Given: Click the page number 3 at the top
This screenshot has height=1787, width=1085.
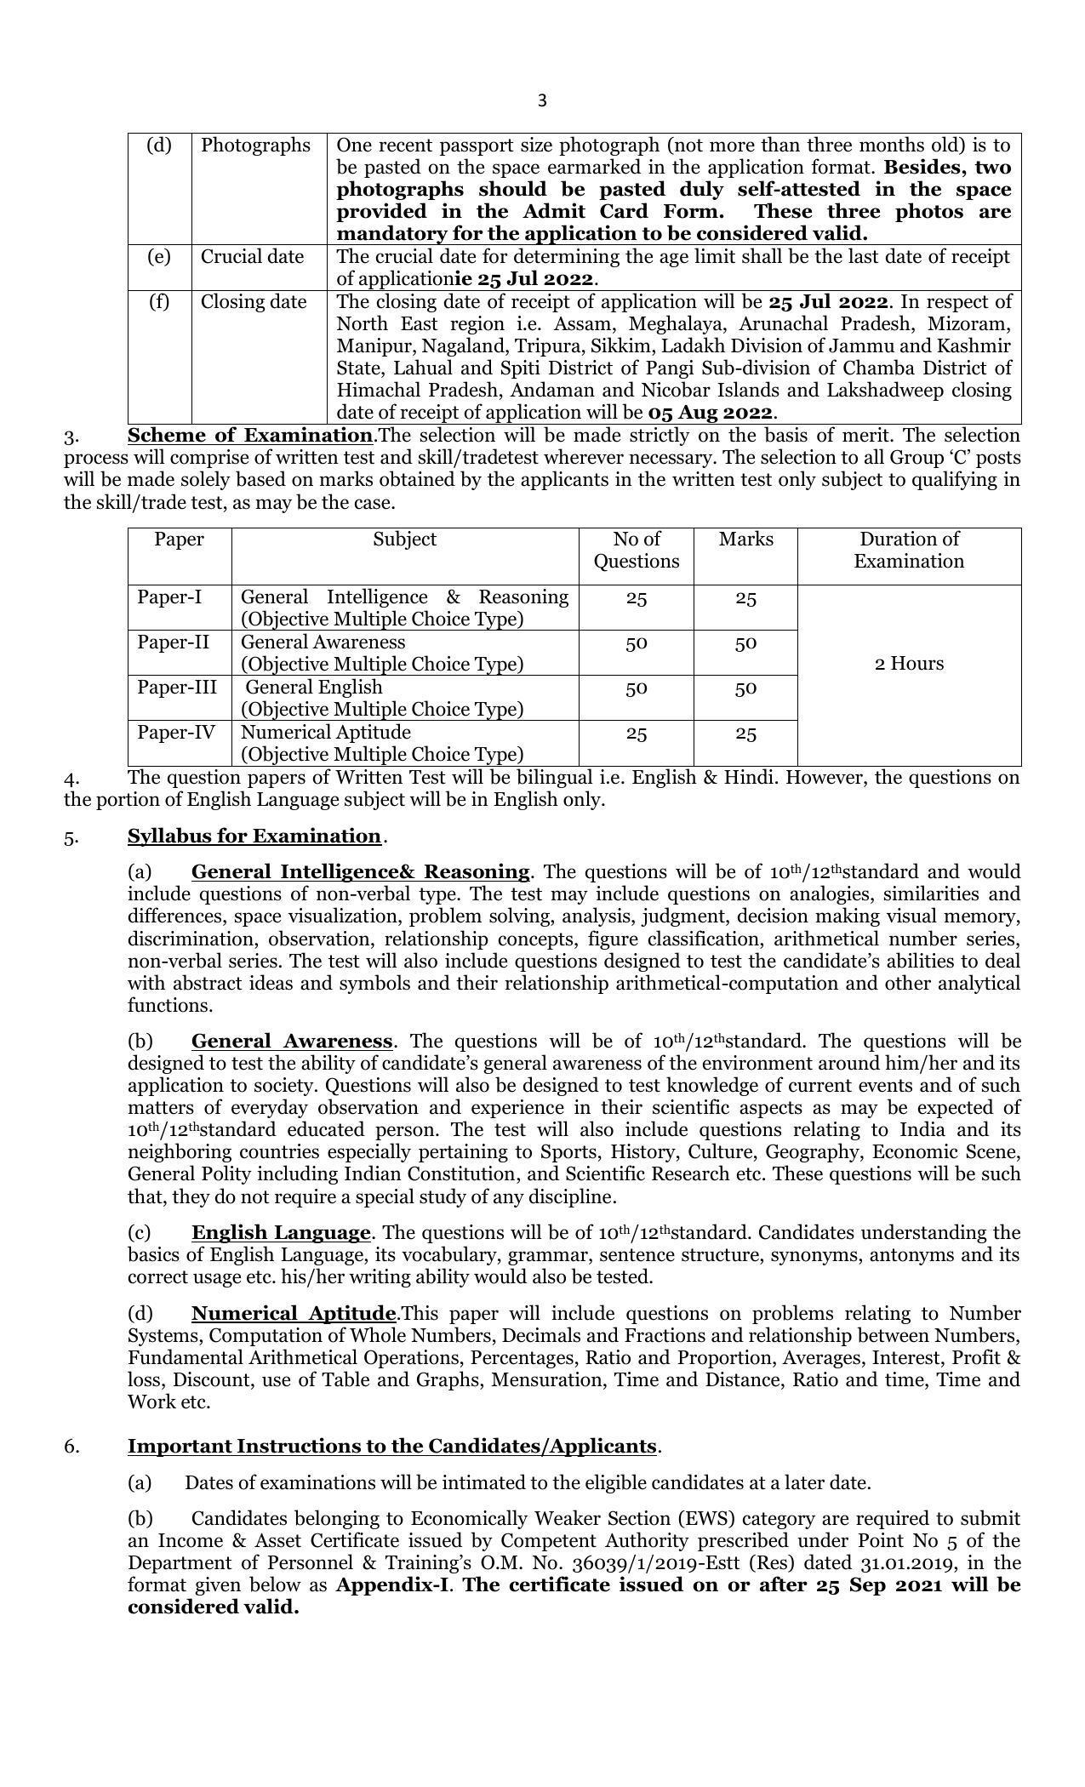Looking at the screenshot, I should pyautogui.click(x=542, y=101).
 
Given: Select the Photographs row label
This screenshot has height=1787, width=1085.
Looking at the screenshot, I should pyautogui.click(x=255, y=146).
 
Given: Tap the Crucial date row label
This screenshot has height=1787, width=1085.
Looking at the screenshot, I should pyautogui.click(x=252, y=257).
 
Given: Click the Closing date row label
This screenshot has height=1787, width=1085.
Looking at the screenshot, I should pyautogui.click(x=254, y=302).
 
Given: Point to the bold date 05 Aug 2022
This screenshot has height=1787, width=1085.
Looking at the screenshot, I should pyautogui.click(x=711, y=414).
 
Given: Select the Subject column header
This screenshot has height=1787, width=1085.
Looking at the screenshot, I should pyautogui.click(x=404, y=540).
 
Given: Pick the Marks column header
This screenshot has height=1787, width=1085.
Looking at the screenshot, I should pyautogui.click(x=745, y=540).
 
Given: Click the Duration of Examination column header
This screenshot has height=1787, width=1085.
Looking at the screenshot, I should pyautogui.click(x=909, y=550).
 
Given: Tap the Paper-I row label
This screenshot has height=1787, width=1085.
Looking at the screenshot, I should pyautogui.click(x=169, y=597).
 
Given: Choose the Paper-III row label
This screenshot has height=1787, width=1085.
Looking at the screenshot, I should pyautogui.click(x=177, y=688).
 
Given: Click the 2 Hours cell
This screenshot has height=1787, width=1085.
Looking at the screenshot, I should pyautogui.click(x=909, y=664).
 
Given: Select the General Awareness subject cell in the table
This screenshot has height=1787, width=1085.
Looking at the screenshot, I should pyautogui.click(x=323, y=642).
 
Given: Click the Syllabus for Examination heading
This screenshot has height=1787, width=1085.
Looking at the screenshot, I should pyautogui.click(x=254, y=836).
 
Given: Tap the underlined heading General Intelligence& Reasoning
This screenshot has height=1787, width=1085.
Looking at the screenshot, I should pyautogui.click(x=361, y=872).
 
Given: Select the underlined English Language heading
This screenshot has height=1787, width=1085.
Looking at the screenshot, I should pyautogui.click(x=281, y=1233).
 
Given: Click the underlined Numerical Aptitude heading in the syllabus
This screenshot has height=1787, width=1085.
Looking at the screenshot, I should pyautogui.click(x=294, y=1314).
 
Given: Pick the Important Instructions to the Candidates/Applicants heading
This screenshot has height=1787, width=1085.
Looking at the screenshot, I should pyautogui.click(x=392, y=1447).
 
